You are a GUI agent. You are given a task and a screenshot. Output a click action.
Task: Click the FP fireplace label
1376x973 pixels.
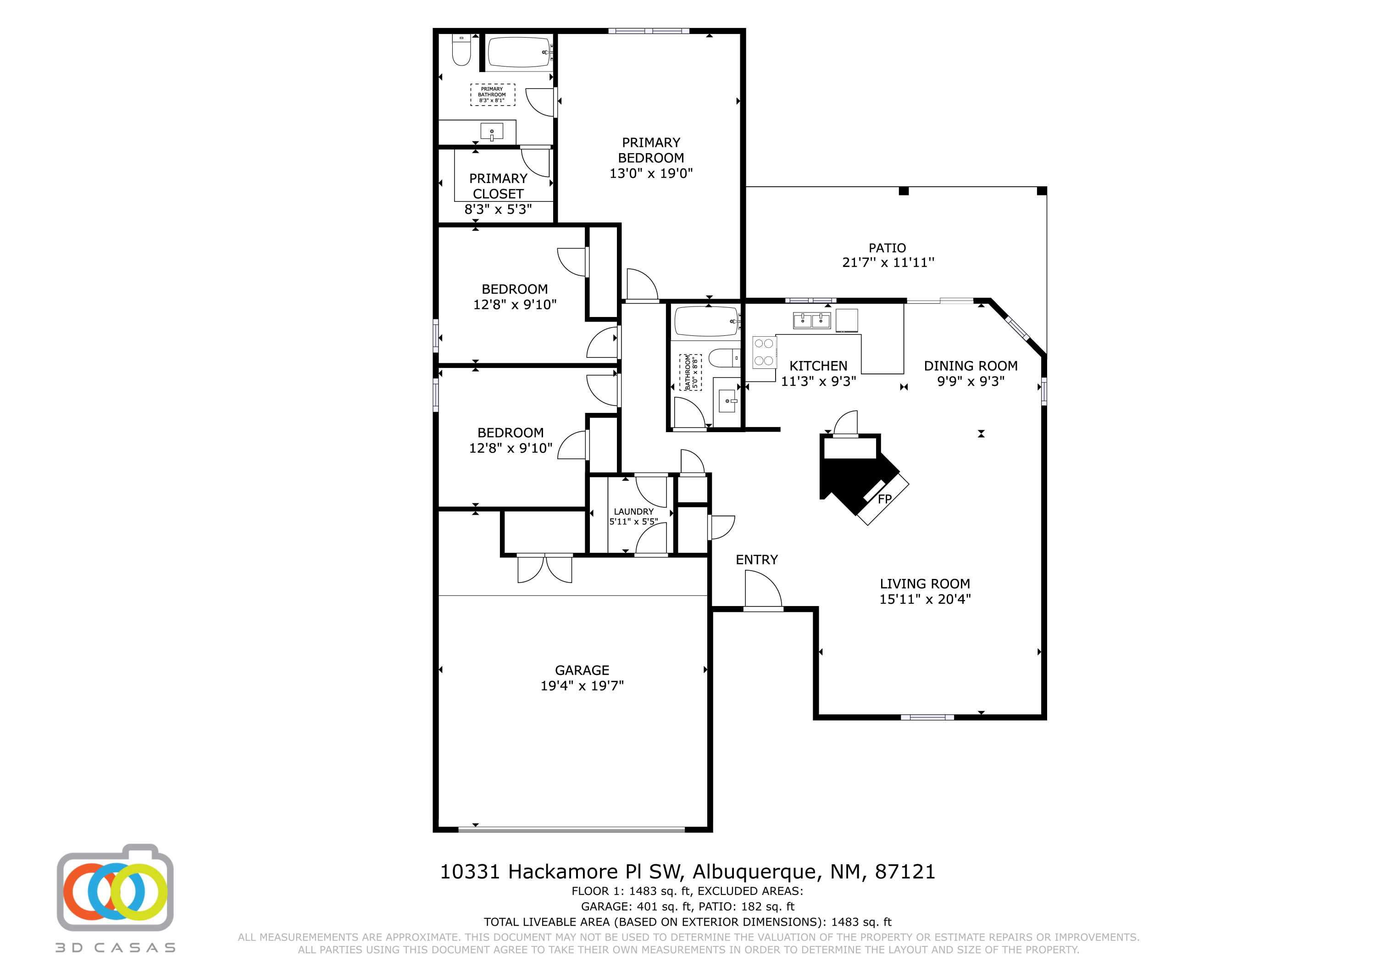point(885,499)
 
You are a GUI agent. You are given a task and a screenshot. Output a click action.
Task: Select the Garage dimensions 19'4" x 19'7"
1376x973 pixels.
point(582,686)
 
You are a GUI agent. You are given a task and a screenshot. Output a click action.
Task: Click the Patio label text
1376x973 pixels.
point(887,248)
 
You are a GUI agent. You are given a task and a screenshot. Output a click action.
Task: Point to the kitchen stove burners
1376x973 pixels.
point(764,352)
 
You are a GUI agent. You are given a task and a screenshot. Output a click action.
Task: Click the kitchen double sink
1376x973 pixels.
point(811,320)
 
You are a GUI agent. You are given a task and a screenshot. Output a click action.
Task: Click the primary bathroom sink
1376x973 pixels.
point(491,132)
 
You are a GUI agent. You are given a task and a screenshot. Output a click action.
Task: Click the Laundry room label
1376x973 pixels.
point(633,512)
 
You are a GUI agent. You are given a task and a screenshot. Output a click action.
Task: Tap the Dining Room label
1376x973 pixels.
point(970,366)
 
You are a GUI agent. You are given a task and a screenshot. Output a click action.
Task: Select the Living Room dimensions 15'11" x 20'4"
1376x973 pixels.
point(925,599)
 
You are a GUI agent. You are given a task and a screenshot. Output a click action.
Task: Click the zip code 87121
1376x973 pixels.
point(905,872)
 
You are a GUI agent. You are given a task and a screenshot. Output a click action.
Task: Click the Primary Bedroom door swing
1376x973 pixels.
point(641,285)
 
